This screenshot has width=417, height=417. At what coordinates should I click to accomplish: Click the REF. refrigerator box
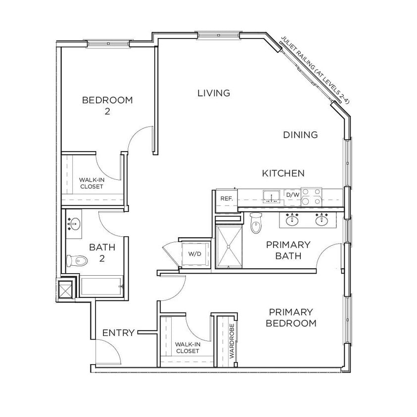click(227, 199)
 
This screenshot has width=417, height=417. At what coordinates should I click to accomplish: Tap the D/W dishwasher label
click(292, 195)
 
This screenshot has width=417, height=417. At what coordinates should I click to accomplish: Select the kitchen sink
click(271, 196)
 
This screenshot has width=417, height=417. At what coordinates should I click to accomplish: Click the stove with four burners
click(312, 196)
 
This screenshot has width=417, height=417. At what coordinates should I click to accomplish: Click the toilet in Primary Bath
click(256, 223)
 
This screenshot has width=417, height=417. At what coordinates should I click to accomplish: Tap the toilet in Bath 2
click(77, 259)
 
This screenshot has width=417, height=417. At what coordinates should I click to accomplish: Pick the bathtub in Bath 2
click(101, 286)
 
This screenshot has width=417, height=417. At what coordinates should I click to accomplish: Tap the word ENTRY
click(118, 333)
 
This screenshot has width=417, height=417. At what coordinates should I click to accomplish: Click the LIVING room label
click(214, 93)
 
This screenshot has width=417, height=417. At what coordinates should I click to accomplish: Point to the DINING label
click(300, 135)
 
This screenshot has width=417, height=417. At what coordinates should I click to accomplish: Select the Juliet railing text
click(315, 70)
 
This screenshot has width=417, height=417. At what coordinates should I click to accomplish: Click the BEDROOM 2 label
click(107, 105)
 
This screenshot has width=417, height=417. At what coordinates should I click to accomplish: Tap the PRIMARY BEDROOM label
click(291, 318)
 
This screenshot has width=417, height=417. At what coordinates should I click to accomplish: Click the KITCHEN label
click(283, 173)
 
